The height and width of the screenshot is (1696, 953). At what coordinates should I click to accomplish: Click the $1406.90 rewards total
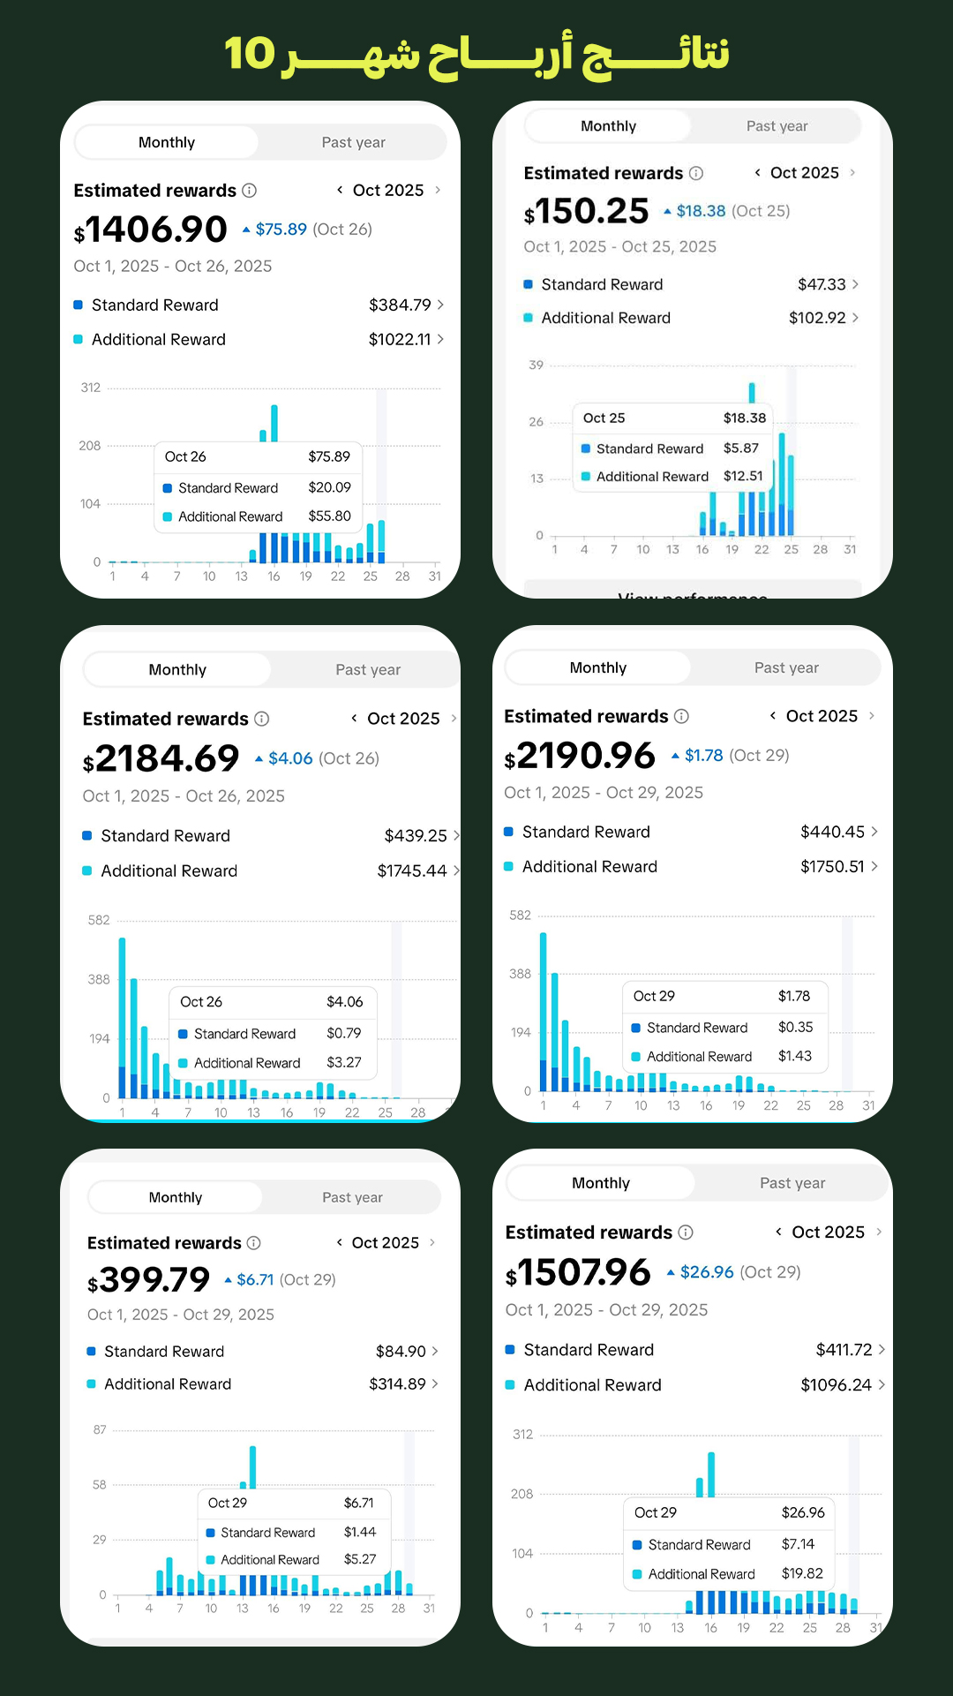[151, 230]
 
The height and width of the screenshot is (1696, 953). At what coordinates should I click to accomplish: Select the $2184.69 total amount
[161, 759]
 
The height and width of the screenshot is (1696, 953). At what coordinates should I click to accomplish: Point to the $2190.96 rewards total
[580, 756]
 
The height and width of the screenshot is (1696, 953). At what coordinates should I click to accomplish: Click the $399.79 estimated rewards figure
[149, 1280]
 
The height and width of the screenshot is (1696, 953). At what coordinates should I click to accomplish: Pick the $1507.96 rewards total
[578, 1273]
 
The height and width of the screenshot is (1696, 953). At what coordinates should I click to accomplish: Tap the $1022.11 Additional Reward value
[400, 340]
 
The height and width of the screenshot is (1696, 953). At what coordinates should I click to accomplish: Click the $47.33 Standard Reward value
[822, 284]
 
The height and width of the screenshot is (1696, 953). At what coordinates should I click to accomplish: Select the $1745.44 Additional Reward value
[412, 871]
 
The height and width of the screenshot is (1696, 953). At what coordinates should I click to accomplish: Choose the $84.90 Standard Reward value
[401, 1352]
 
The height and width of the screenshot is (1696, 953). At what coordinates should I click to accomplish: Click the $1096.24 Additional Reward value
[836, 1385]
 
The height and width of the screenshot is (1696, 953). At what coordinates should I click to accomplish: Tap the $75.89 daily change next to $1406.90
[281, 230]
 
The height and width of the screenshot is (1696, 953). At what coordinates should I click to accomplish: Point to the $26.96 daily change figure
[707, 1272]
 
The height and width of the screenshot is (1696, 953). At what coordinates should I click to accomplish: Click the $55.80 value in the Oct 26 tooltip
[329, 516]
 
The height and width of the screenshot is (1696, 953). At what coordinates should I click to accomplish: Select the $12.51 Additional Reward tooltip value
[743, 476]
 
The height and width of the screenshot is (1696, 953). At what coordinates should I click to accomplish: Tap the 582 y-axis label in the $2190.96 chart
[521, 916]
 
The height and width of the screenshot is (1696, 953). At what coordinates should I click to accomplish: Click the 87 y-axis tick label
[100, 1429]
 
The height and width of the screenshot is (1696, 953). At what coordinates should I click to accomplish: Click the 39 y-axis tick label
[537, 365]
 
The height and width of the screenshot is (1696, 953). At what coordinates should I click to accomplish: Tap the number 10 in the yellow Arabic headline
[250, 54]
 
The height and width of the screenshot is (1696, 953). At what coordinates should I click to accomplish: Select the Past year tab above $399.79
[352, 1197]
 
